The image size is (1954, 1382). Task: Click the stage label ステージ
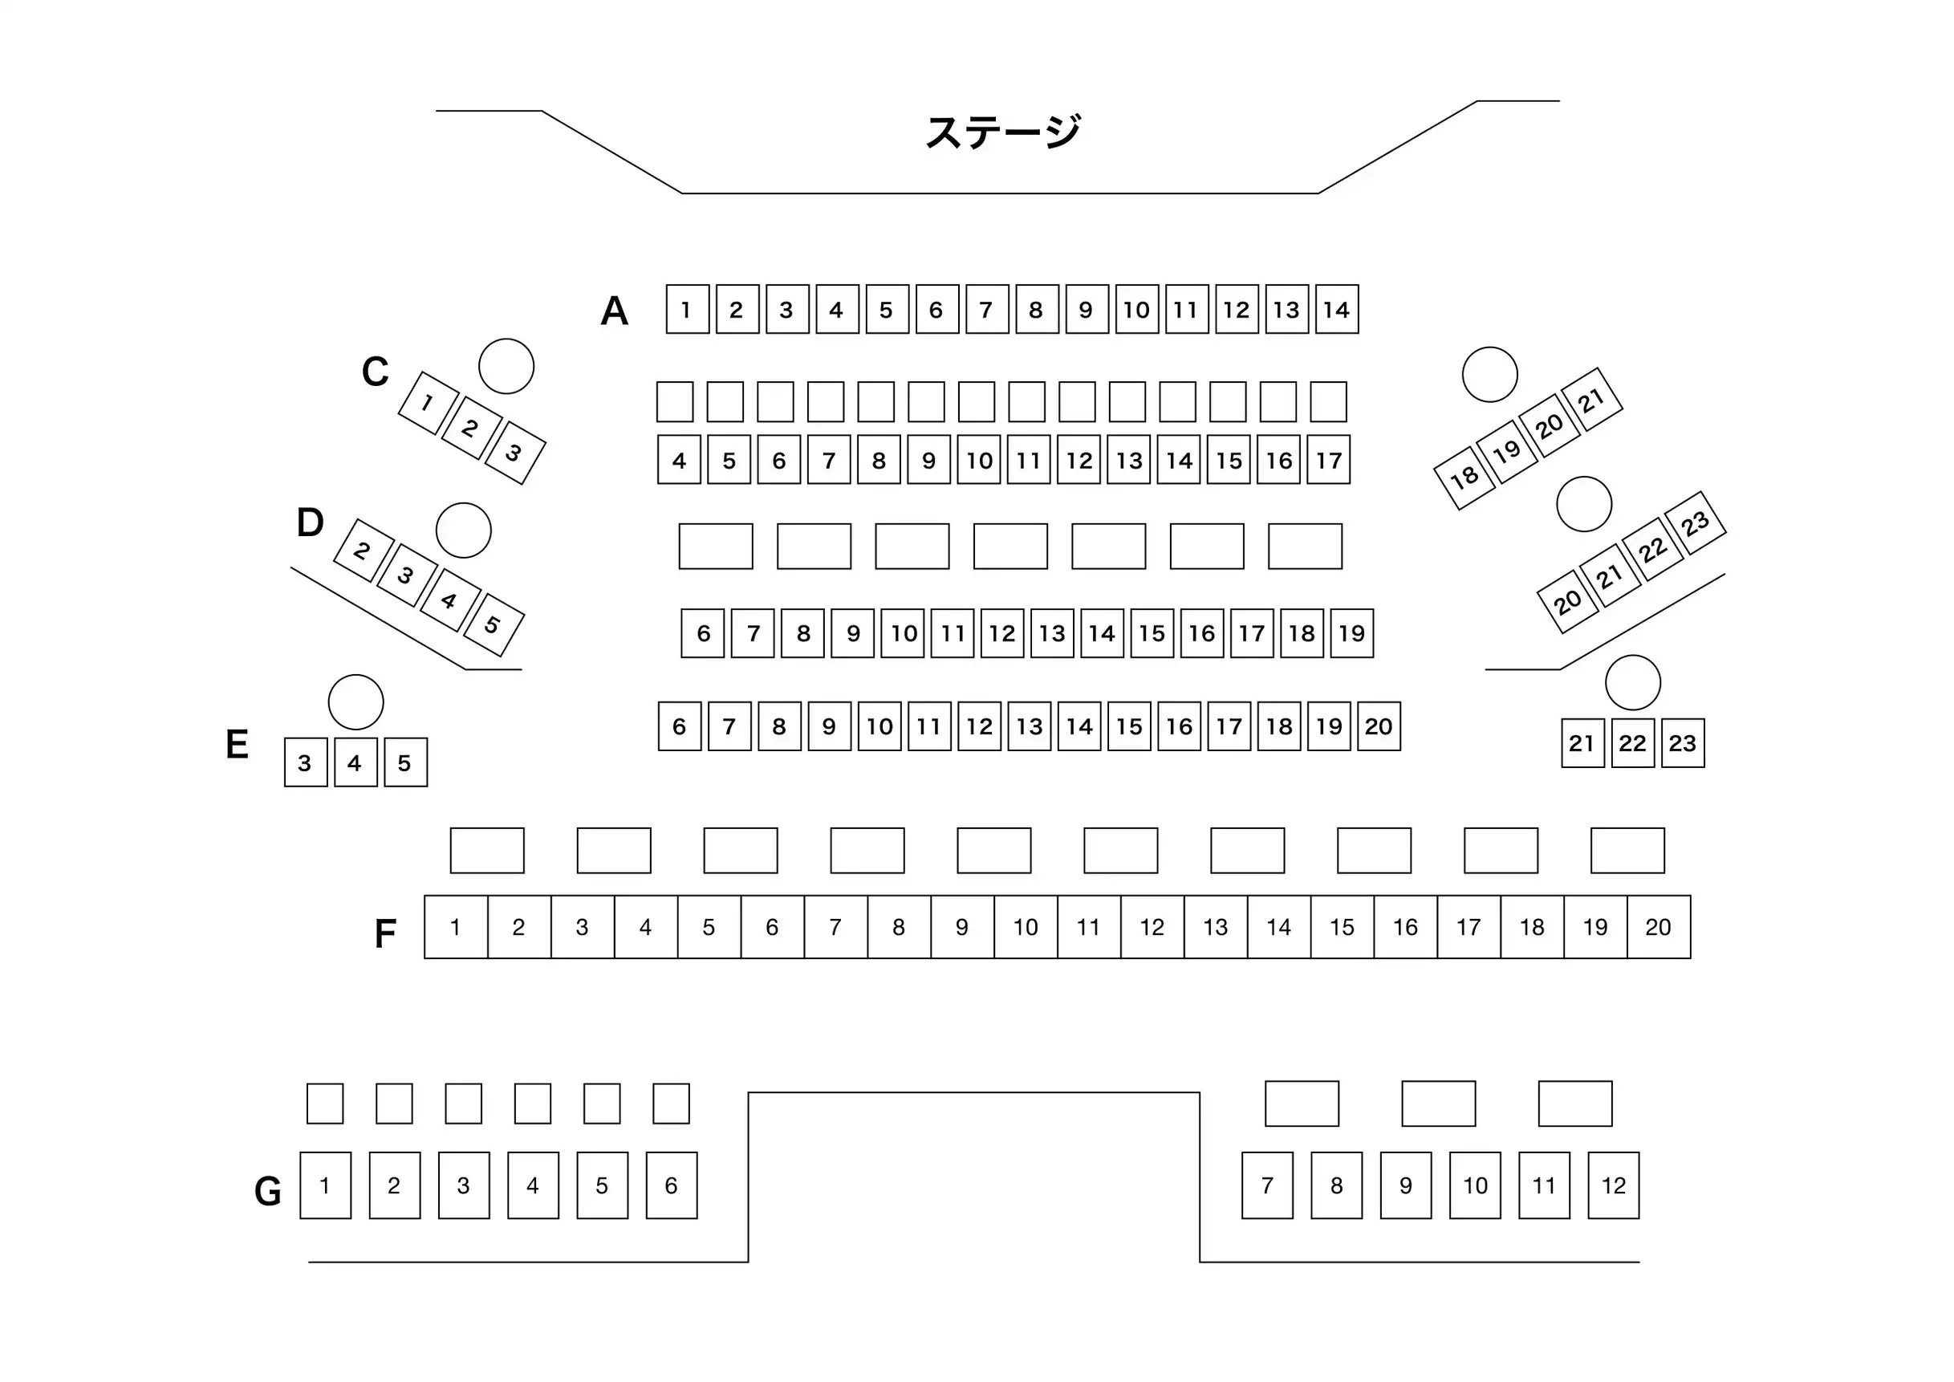click(x=1002, y=132)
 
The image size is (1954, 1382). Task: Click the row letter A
click(x=615, y=311)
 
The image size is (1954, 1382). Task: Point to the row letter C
click(x=376, y=372)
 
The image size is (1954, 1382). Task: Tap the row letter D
click(x=310, y=522)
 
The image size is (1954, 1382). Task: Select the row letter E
click(x=238, y=745)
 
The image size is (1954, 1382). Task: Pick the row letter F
click(x=385, y=933)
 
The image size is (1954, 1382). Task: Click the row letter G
click(x=268, y=1190)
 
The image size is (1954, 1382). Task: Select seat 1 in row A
click(x=687, y=310)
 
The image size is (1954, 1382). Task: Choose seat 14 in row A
click(x=1336, y=310)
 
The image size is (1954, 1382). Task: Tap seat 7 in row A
click(x=986, y=310)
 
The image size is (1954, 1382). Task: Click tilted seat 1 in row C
click(x=428, y=403)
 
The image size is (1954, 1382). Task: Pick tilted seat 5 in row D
click(x=494, y=624)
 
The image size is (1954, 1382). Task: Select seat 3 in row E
click(x=306, y=762)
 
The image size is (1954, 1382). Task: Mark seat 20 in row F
click(x=1658, y=927)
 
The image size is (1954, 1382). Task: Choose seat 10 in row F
click(x=1026, y=927)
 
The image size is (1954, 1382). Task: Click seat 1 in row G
click(x=325, y=1185)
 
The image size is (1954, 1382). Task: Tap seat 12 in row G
click(x=1613, y=1185)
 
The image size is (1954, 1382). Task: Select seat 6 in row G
click(x=672, y=1185)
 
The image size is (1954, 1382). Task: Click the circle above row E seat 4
click(x=355, y=702)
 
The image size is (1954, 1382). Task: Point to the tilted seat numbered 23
click(x=1695, y=522)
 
